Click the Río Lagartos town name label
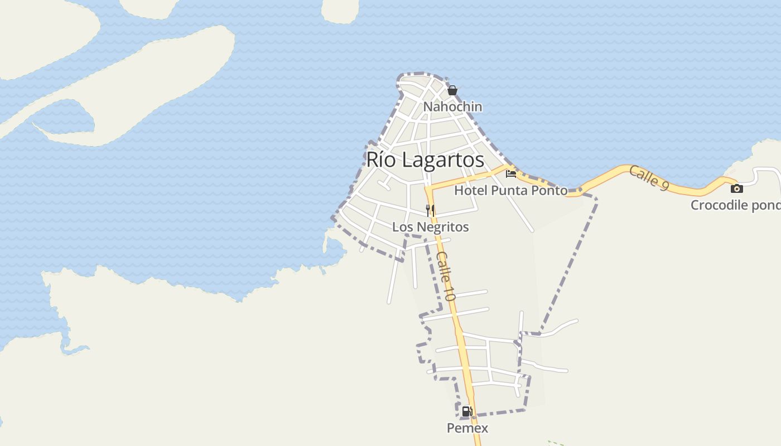point(425,160)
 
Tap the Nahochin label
point(452,106)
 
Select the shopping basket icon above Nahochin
point(452,90)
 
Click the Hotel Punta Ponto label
point(510,190)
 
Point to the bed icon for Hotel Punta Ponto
point(511,174)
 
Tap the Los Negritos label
point(430,227)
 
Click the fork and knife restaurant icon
point(430,210)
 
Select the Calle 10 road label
point(446,276)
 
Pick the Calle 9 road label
point(649,178)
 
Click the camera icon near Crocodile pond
point(737,188)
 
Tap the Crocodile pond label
point(735,205)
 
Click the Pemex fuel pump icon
point(467,412)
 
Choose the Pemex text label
point(467,428)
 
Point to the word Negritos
point(441,227)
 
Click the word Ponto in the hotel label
point(549,190)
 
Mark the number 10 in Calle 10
point(450,292)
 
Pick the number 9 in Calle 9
point(663,185)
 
